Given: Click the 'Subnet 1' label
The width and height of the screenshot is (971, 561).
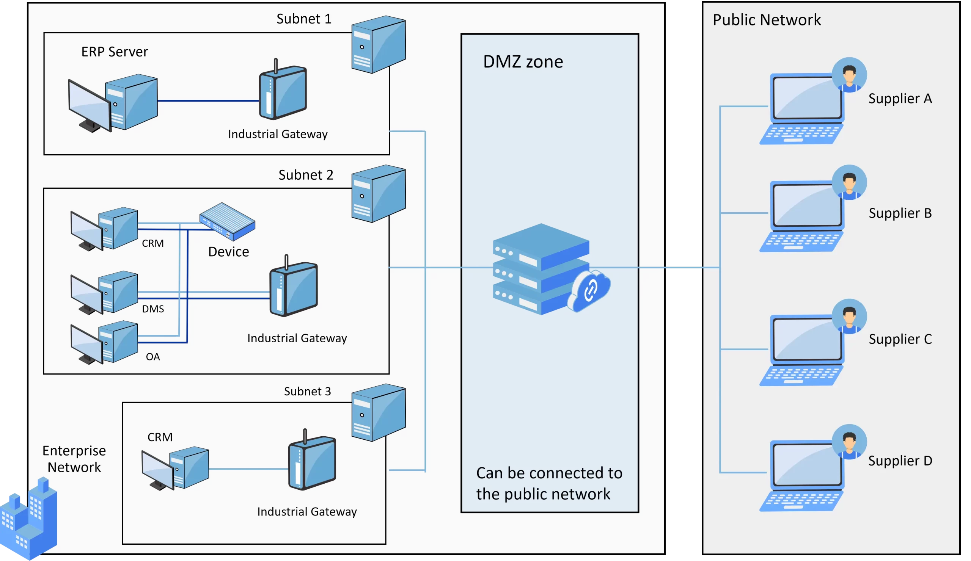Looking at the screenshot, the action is click(x=304, y=19).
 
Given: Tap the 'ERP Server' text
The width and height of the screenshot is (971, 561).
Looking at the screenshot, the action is click(x=115, y=52).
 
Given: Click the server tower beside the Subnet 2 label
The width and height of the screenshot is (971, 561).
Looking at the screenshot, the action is click(x=379, y=193).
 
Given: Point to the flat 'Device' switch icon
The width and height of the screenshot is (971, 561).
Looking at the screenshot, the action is click(x=227, y=221).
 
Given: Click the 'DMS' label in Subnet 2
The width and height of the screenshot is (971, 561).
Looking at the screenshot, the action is click(x=153, y=309).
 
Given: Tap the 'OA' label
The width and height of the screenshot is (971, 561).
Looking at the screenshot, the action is click(x=152, y=357).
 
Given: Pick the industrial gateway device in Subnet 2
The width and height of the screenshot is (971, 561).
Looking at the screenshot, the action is click(x=294, y=286).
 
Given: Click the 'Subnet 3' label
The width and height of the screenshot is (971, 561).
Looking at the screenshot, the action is click(x=307, y=391).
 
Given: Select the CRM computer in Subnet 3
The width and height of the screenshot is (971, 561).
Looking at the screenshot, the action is click(x=175, y=468).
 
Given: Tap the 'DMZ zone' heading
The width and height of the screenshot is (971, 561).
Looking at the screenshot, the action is click(x=523, y=62).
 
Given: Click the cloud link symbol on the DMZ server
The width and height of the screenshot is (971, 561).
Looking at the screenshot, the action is click(x=589, y=290).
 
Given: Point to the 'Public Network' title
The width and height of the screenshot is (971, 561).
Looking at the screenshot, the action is click(x=767, y=20).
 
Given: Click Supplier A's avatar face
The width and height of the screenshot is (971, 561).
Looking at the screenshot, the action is click(x=849, y=74).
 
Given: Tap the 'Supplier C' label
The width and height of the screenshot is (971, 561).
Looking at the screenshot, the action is click(x=900, y=339).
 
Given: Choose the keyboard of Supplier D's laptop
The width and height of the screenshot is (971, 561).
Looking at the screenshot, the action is click(x=801, y=501).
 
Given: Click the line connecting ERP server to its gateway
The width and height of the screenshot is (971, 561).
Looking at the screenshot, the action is click(x=209, y=101).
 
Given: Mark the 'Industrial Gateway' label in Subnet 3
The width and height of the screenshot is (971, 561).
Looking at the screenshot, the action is click(x=307, y=511).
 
